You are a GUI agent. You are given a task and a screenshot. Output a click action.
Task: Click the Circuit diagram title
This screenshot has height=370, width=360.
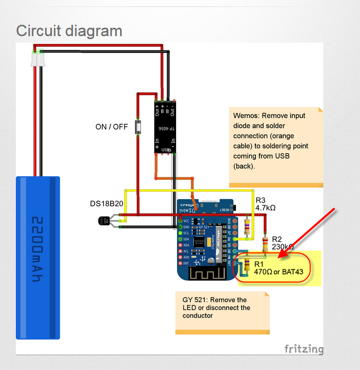click(69, 31)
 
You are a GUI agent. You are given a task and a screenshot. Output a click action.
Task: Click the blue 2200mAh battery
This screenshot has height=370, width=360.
click(38, 258)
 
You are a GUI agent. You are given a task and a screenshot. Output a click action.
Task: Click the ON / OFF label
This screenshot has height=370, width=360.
click(112, 127)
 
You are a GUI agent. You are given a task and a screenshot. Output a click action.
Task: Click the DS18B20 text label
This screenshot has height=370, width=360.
click(107, 204)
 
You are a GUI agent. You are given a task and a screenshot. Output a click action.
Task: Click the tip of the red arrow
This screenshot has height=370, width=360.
click(279, 257)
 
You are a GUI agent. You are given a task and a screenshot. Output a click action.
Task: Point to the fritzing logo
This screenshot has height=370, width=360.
click(303, 349)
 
